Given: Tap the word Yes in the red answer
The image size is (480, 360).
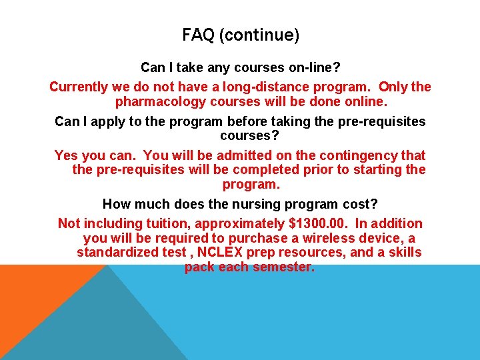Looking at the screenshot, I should [x=66, y=155].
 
